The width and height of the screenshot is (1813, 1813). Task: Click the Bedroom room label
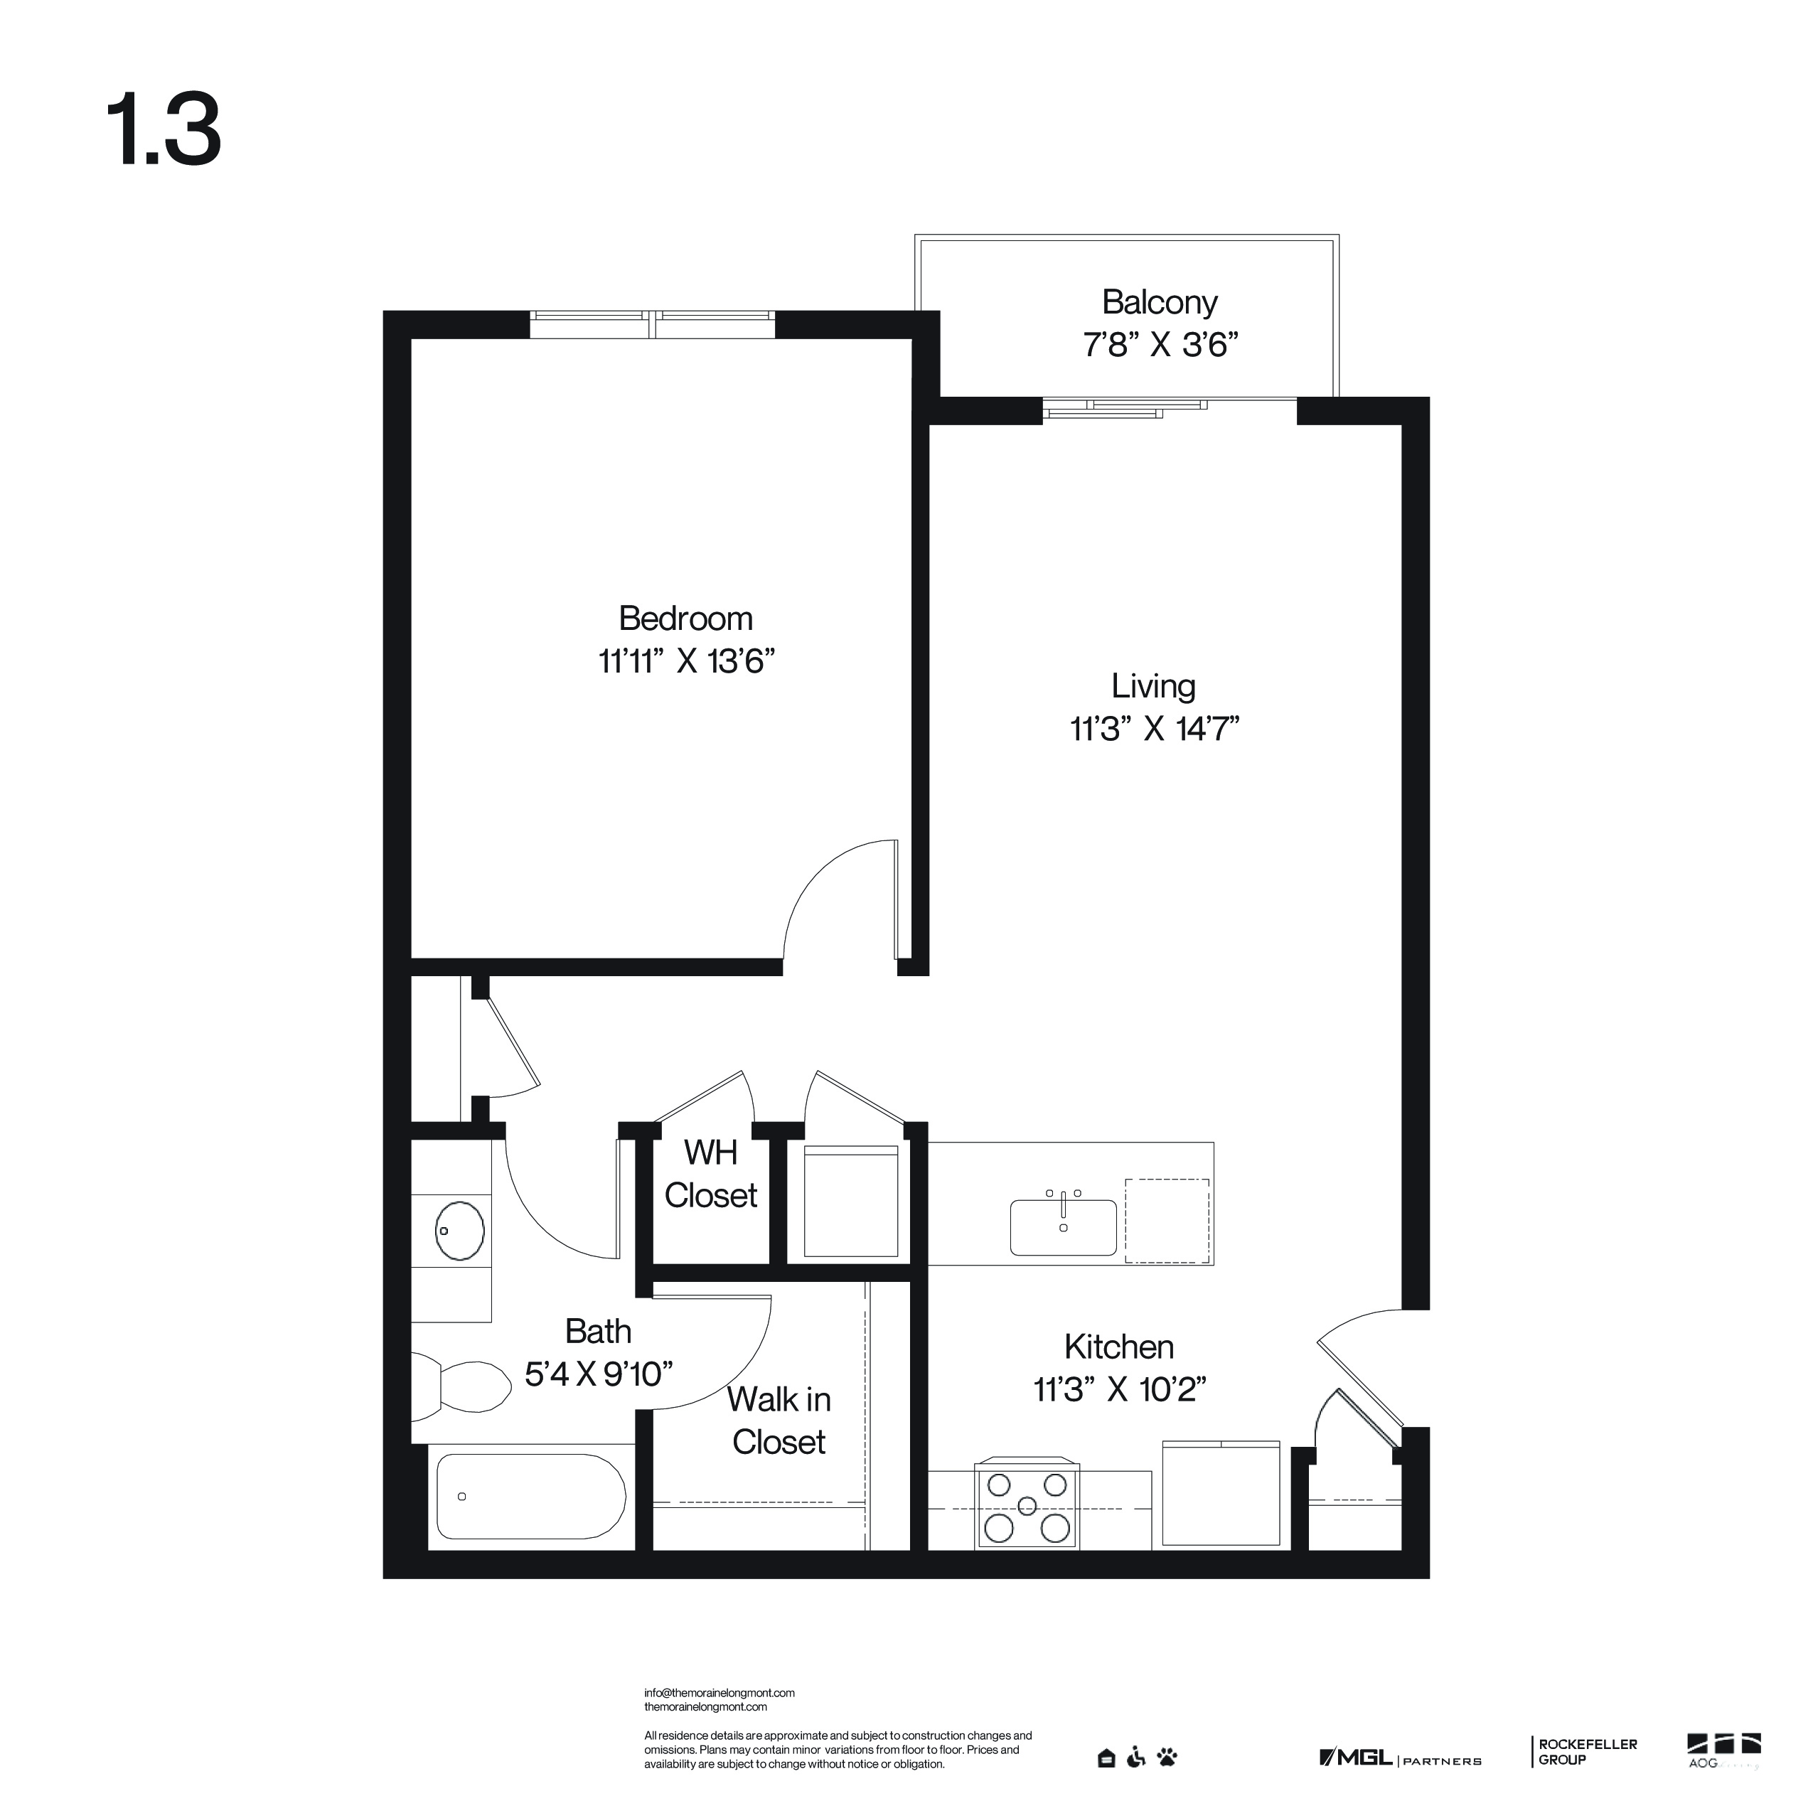pyautogui.click(x=685, y=619)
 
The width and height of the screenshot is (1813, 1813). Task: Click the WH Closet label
pyautogui.click(x=710, y=1173)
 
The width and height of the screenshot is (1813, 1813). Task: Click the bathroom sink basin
pyautogui.click(x=460, y=1229)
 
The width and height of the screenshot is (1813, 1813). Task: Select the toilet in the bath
pyautogui.click(x=461, y=1386)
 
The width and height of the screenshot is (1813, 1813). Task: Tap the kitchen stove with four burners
pyautogui.click(x=1027, y=1505)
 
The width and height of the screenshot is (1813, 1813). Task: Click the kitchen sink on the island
pyautogui.click(x=1063, y=1226)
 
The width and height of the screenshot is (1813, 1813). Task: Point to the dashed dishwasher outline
pyautogui.click(x=1167, y=1221)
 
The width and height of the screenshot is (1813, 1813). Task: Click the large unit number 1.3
pyautogui.click(x=165, y=129)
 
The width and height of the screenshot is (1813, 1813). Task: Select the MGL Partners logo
pyautogui.click(x=1400, y=1758)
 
